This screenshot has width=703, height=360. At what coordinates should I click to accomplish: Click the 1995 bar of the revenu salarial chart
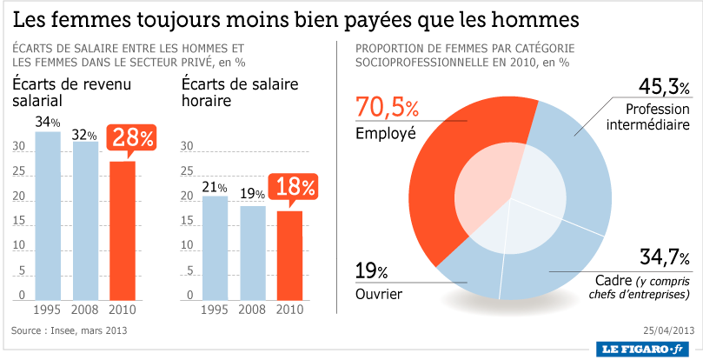pyautogui.click(x=48, y=215)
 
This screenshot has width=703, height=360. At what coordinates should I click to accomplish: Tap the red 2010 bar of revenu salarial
pyautogui.click(x=123, y=230)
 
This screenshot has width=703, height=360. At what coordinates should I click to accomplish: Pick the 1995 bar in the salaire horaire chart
pyautogui.click(x=215, y=247)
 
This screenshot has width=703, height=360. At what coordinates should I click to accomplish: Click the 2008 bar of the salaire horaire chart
pyautogui.click(x=253, y=252)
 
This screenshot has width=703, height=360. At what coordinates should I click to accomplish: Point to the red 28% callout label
pyautogui.click(x=131, y=137)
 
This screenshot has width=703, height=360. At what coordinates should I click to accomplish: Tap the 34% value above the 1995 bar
pyautogui.click(x=48, y=122)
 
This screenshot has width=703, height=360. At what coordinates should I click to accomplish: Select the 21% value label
pyautogui.click(x=215, y=187)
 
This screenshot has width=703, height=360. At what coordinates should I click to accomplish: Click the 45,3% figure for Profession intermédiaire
pyautogui.click(x=665, y=87)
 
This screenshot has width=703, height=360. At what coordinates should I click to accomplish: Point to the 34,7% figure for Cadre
pyautogui.click(x=665, y=258)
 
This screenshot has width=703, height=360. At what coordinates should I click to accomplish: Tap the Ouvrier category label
pyautogui.click(x=379, y=295)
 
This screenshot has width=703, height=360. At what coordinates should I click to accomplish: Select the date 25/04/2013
pyautogui.click(x=668, y=330)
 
